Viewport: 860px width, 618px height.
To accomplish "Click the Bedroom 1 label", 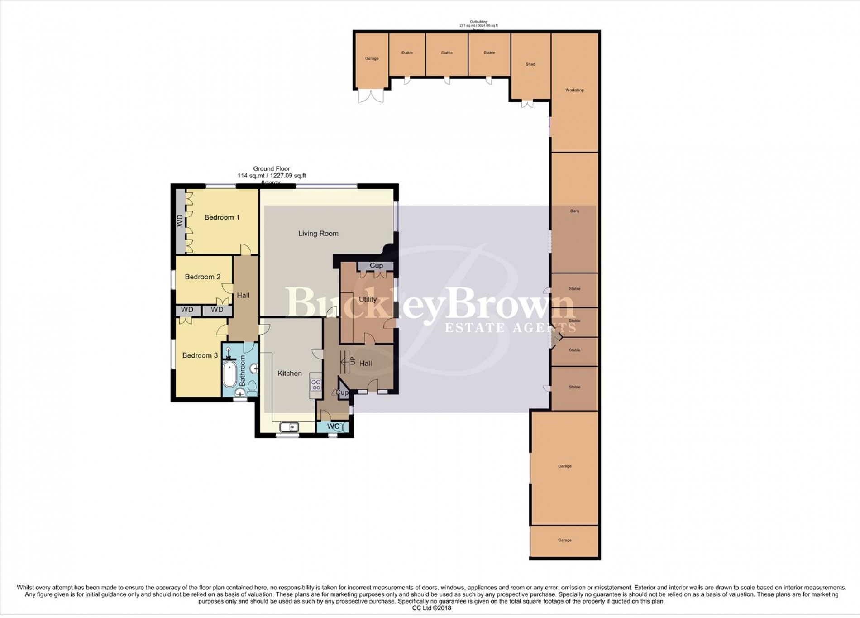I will coord(222,217).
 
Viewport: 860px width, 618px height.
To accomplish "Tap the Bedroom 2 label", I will coord(202,277).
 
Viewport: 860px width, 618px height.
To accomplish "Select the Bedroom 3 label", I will coord(200,355).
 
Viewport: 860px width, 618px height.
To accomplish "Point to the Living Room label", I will coord(318,234).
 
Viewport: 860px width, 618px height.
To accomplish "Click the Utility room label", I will coord(368,299).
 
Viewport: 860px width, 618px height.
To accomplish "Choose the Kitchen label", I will coord(289,374).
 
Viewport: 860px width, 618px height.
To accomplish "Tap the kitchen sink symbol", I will coord(288,426).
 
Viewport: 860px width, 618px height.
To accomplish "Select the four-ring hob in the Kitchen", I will coord(316,385).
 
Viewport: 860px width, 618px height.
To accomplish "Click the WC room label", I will coord(333,426).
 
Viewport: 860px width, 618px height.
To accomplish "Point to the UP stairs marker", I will coord(352,361).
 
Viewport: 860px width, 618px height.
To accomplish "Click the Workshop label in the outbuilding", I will coord(574,90).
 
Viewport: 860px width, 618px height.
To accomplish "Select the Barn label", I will coord(574,211).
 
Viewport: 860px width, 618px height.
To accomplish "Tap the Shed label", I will coord(530,64).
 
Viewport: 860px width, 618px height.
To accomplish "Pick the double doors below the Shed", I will coord(527,103).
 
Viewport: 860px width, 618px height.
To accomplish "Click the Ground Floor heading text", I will coord(272,169).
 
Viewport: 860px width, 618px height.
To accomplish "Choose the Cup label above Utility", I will coord(376,266).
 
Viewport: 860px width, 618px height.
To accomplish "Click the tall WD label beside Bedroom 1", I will coord(180,221).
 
